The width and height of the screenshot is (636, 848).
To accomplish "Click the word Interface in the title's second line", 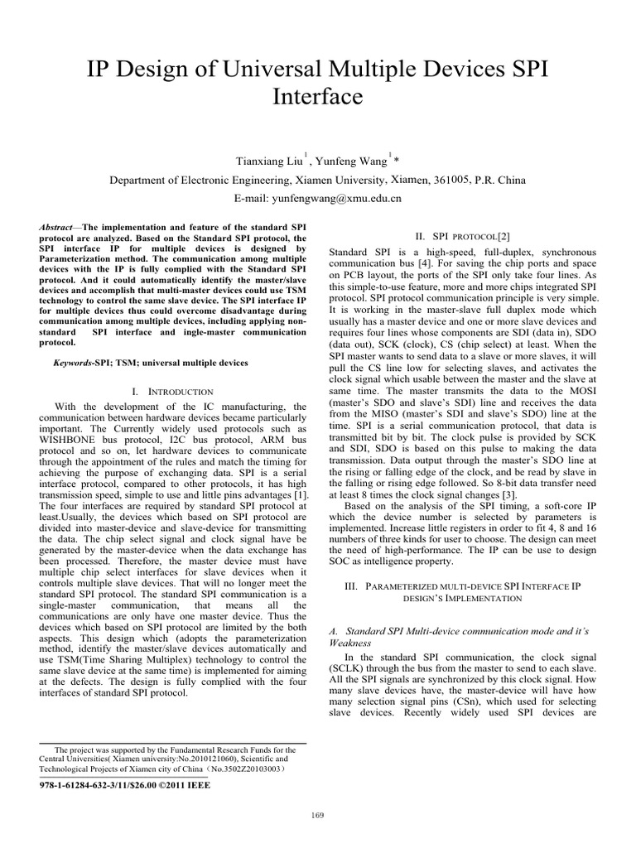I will (x=317, y=97).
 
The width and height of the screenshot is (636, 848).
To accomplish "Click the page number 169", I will (x=317, y=816).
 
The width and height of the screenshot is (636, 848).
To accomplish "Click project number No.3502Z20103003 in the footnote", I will (x=245, y=768).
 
